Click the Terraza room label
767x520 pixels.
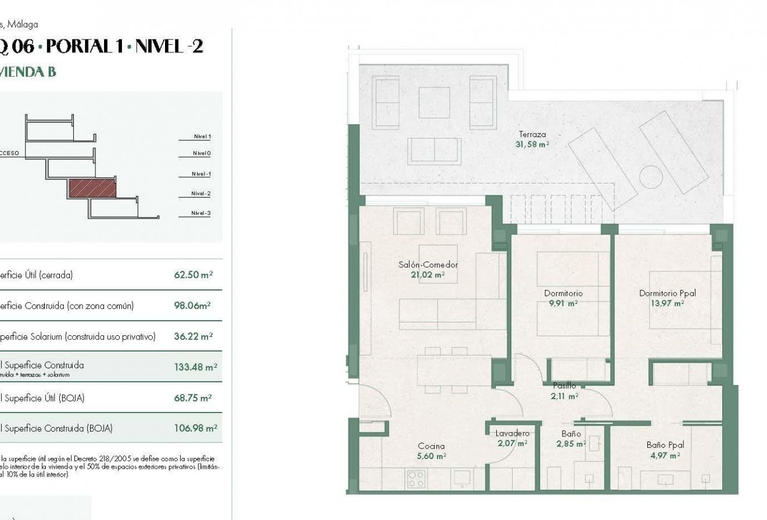pyautogui.click(x=532, y=134)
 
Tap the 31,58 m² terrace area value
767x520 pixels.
pyautogui.click(x=532, y=145)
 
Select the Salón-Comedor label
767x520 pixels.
pyautogui.click(x=428, y=265)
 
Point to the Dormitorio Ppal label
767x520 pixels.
pyautogui.click(x=667, y=293)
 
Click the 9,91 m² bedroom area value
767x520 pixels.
pyautogui.click(x=563, y=303)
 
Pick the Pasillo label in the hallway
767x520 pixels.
pyautogui.click(x=564, y=386)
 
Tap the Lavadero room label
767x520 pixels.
pyautogui.click(x=512, y=433)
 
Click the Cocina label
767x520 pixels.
pyautogui.click(x=431, y=446)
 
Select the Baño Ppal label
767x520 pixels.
pyautogui.click(x=665, y=445)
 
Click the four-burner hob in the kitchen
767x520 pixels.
pyautogui.click(x=416, y=478)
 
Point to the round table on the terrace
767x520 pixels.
pyautogui.click(x=651, y=177)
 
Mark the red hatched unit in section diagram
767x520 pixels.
pyautogui.click(x=92, y=188)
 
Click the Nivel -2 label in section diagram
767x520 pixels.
pyautogui.click(x=201, y=193)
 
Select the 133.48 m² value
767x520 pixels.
pyautogui.click(x=195, y=367)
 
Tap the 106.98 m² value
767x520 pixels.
pyautogui.click(x=195, y=428)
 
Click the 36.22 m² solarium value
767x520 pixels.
pyautogui.click(x=193, y=336)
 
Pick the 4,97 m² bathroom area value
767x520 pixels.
pyautogui.click(x=665, y=456)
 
